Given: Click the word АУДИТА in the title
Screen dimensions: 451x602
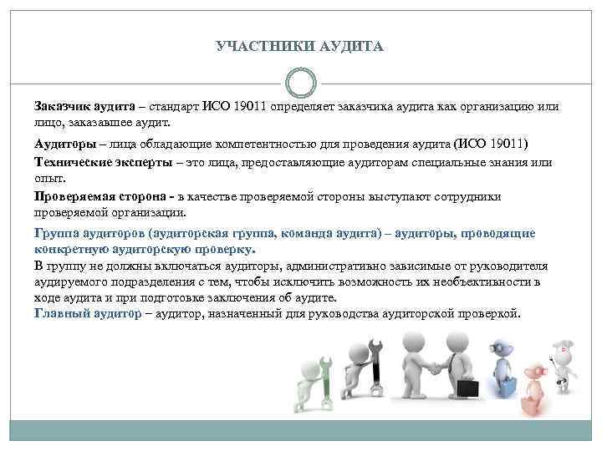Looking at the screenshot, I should coord(351,47).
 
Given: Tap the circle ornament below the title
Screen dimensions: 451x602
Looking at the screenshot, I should coord(300,84).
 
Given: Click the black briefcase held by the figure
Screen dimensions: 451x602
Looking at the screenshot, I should coord(467,389).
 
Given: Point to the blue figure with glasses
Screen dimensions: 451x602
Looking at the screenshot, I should coord(503,367).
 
